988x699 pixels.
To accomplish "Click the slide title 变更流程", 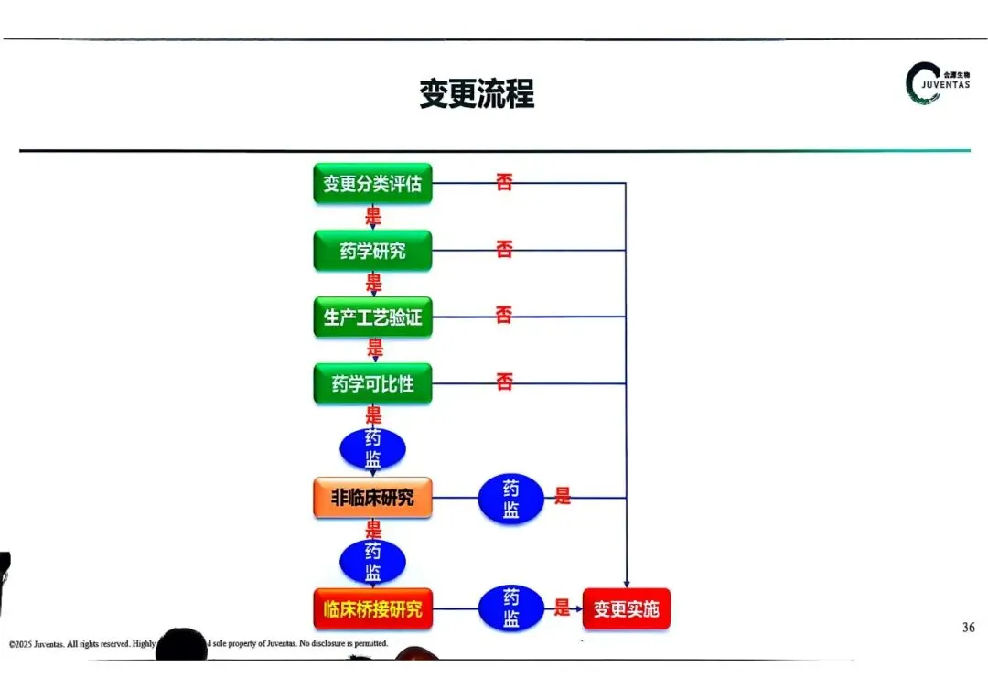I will pos(477,93).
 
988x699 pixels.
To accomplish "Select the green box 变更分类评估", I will pos(372,184).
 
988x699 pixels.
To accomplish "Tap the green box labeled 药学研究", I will pos(372,251).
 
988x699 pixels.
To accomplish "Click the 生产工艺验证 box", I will pos(372,317).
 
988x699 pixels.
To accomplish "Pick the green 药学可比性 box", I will pos(372,384).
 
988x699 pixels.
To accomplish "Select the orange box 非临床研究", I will pos(372,498).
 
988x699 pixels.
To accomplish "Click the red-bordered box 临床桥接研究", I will pos(372,608).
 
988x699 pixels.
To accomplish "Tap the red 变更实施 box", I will pos(626,609).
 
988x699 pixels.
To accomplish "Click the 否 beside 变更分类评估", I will pos(504,182).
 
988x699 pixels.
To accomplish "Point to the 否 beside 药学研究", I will pos(504,249).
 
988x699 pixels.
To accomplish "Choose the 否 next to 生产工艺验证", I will pos(504,316).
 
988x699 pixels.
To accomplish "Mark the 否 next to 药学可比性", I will pos(504,382).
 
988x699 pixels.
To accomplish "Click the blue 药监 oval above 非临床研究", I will pos(372,448).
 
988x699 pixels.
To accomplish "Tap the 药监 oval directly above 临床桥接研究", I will pos(372,561).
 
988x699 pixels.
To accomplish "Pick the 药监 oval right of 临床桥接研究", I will pos(510,608).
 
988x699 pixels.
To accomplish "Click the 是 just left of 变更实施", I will pos(562,608).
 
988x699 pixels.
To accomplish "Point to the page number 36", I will pos(969,628).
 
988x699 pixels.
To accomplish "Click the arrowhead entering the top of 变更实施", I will pos(626,584).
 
